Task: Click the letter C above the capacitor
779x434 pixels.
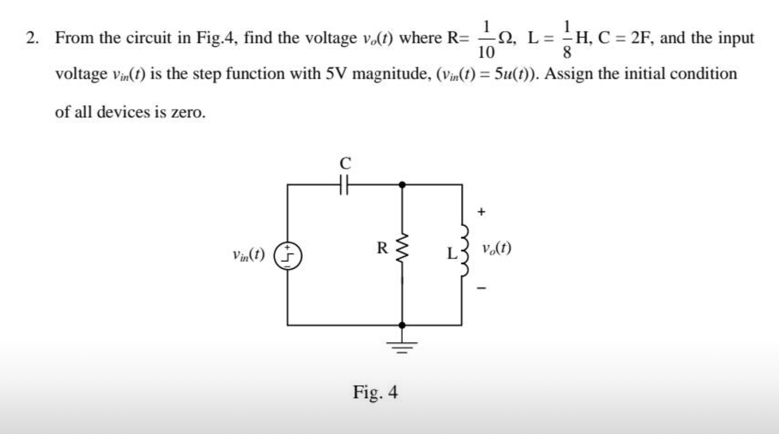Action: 345,163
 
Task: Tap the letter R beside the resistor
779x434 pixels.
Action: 382,248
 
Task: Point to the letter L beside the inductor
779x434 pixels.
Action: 452,254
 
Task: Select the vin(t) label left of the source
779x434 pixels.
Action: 249,255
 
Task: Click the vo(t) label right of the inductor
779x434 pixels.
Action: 496,248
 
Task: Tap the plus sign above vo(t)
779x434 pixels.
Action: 482,212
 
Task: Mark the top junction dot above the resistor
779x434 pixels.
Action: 402,184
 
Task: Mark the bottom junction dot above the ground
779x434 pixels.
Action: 402,325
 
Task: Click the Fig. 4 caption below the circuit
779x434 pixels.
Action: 375,392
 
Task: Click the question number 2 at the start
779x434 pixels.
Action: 33,38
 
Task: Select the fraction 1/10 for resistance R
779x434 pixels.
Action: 486,38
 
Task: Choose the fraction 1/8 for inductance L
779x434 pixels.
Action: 567,38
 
